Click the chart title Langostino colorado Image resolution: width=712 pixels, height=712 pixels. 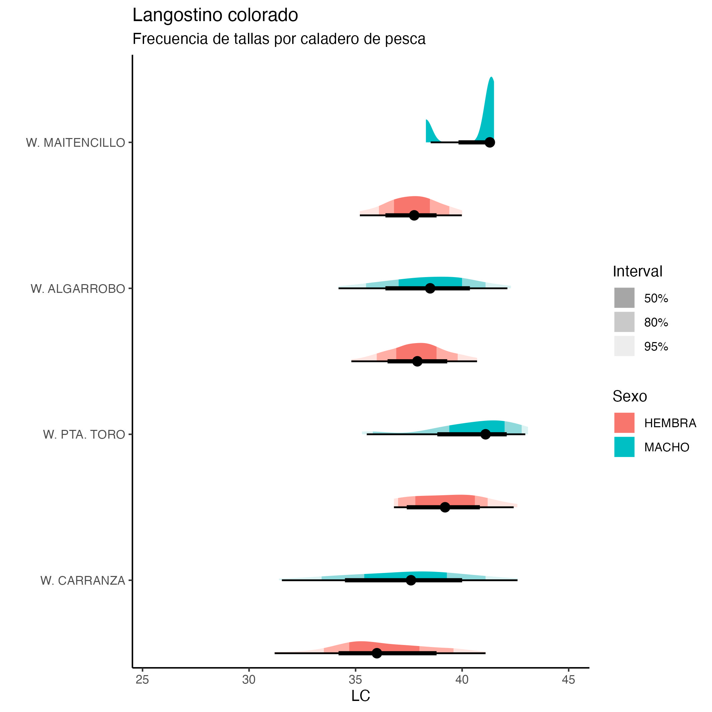click(215, 15)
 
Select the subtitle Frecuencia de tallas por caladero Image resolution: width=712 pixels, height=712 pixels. click(279, 39)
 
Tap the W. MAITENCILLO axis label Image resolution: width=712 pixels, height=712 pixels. click(75, 143)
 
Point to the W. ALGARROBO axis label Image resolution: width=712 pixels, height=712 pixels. click(78, 288)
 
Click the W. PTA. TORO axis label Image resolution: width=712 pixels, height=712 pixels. click(84, 435)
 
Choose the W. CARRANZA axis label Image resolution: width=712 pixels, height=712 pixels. click(82, 580)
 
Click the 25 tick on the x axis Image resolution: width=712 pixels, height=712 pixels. click(142, 679)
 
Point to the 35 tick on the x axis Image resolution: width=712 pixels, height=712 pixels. click(355, 679)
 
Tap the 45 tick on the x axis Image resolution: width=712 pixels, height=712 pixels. click(568, 679)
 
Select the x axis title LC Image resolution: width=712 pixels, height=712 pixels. click(361, 696)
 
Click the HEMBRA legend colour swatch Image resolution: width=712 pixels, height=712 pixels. click(624, 423)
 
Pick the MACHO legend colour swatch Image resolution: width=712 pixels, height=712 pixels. click(624, 447)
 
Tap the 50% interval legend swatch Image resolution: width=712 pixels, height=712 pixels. click(624, 298)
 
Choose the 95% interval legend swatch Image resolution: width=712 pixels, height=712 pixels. click(624, 346)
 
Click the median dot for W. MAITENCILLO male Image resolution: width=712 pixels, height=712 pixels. click(490, 142)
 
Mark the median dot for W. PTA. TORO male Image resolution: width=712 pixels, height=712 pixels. click(486, 434)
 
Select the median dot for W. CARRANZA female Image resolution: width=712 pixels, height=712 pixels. click(377, 653)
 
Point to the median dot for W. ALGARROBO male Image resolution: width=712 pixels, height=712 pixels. click(430, 288)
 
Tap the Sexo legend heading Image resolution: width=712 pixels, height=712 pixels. click(630, 396)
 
